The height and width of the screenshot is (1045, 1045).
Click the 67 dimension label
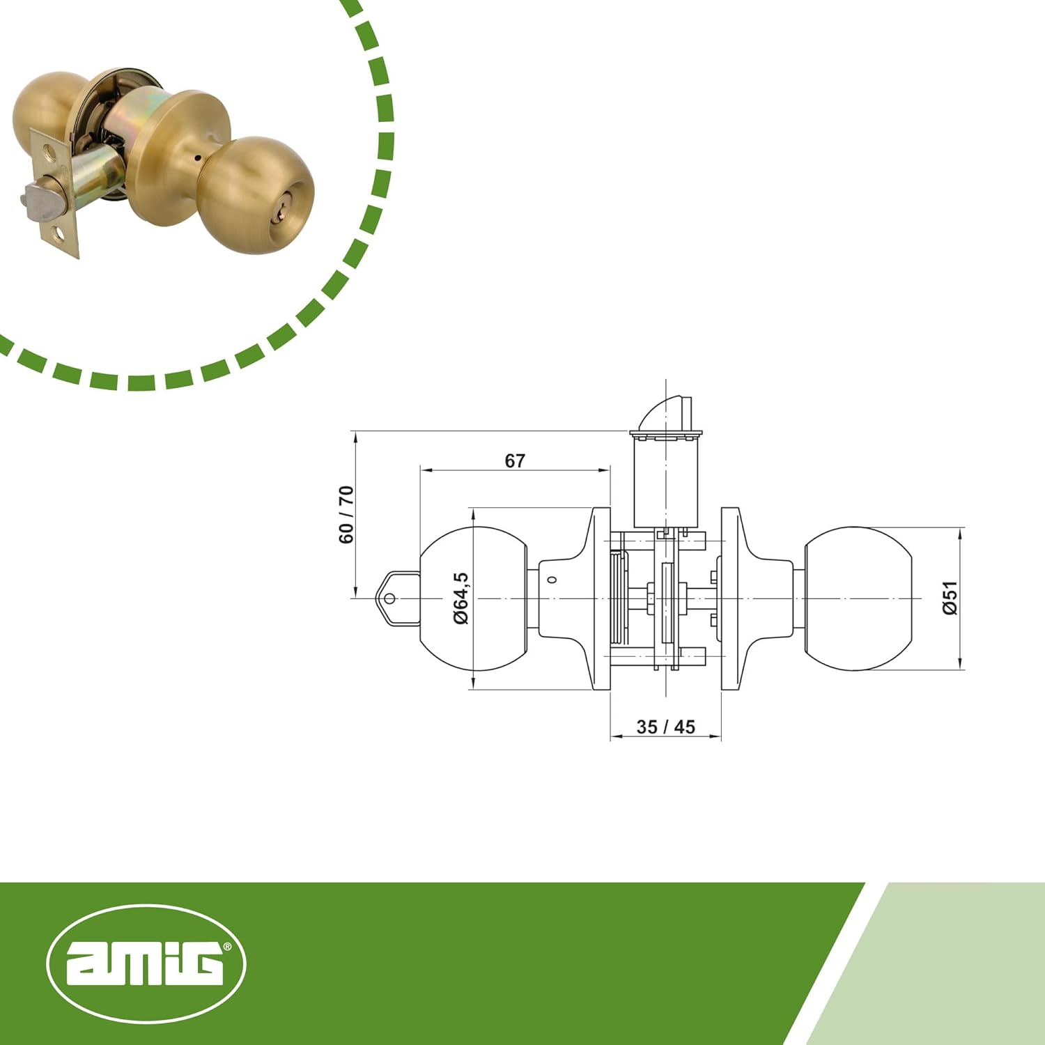pyautogui.click(x=515, y=460)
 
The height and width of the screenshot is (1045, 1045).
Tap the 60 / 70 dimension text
pyautogui.click(x=346, y=515)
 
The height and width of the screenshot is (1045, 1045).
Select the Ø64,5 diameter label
pyautogui.click(x=461, y=598)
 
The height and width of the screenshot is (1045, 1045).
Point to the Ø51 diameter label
pyautogui.click(x=950, y=598)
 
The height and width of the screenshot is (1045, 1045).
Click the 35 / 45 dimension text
pyautogui.click(x=665, y=727)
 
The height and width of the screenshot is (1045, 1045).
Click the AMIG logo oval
pyautogui.click(x=146, y=964)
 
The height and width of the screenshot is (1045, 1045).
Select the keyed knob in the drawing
pyautogui.click(x=474, y=599)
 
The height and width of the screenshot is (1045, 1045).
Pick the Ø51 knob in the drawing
pyautogui.click(x=858, y=598)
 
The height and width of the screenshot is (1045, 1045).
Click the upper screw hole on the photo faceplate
pyautogui.click(x=47, y=150)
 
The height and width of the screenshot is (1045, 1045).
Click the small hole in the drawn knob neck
pyautogui.click(x=552, y=580)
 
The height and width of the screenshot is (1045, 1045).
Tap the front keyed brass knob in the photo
pyautogui.click(x=254, y=185)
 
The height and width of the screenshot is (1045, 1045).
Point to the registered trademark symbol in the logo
pyautogui.click(x=228, y=947)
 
